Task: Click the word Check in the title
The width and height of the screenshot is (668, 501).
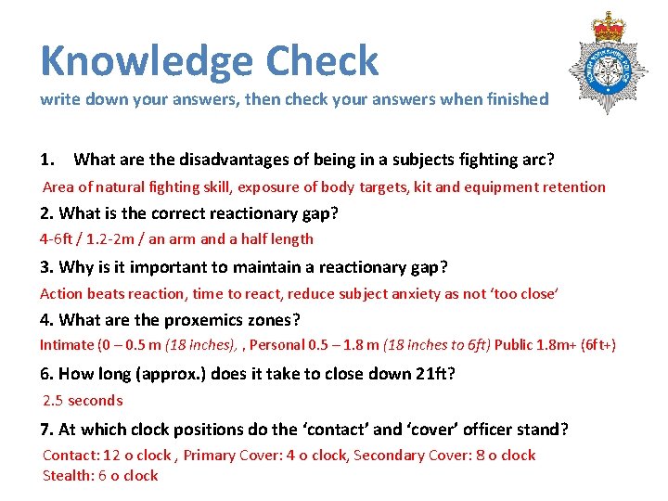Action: pyautogui.click(x=322, y=61)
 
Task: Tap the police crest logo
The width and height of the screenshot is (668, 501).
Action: pyautogui.click(x=609, y=65)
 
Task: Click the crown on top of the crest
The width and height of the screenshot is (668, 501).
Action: pyautogui.click(x=610, y=26)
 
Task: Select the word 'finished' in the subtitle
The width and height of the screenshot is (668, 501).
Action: pyautogui.click(x=512, y=99)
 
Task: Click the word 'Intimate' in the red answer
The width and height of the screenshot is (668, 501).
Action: pyautogui.click(x=66, y=345)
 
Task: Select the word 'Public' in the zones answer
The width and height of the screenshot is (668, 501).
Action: pyautogui.click(x=513, y=345)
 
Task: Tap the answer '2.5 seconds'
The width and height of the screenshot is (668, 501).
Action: pyautogui.click(x=83, y=401)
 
